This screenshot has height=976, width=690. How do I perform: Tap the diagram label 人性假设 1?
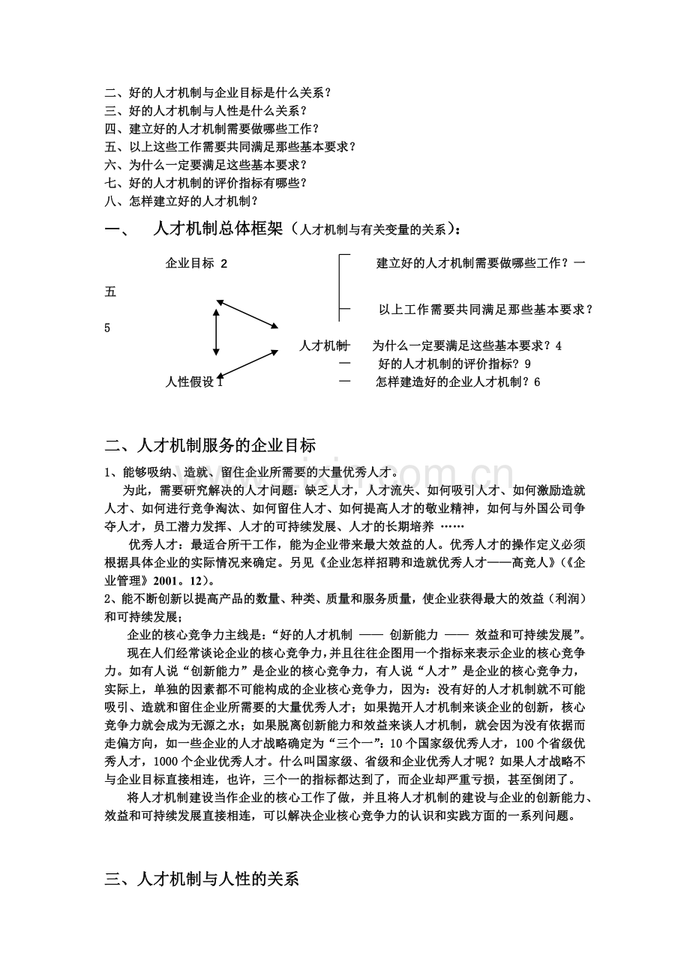[x=194, y=382]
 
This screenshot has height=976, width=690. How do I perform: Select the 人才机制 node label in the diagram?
[x=324, y=346]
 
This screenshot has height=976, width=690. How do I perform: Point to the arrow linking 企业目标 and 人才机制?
[x=247, y=314]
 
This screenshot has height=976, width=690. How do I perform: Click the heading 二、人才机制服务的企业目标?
[x=211, y=445]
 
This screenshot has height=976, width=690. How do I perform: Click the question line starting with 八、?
[x=181, y=201]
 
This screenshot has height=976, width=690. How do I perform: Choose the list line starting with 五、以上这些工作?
[x=230, y=147]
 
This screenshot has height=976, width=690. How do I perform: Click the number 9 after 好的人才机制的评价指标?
[x=529, y=364]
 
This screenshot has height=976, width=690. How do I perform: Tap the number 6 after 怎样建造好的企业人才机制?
[x=537, y=382]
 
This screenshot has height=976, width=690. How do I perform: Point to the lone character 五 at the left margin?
[x=110, y=292]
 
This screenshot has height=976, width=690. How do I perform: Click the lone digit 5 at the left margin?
[x=107, y=328]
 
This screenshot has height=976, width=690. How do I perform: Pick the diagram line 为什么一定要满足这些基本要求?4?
[x=466, y=346]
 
